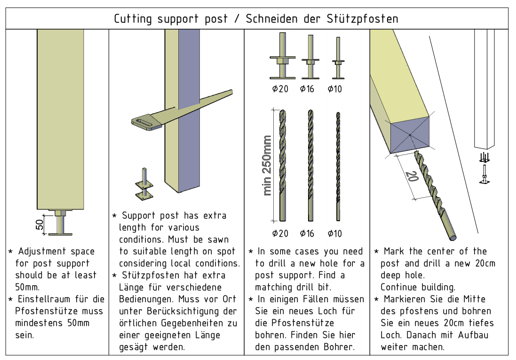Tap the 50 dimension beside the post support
click(40, 224)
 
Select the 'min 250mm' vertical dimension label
click(267, 165)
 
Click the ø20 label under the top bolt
click(280, 89)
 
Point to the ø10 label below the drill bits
click(334, 233)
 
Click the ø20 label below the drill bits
click(280, 233)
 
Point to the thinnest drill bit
click(338, 165)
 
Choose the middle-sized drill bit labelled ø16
click(310, 165)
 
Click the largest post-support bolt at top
click(282, 56)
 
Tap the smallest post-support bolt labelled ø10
click(337, 59)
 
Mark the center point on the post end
click(411, 136)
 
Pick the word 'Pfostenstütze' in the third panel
click(294, 323)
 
